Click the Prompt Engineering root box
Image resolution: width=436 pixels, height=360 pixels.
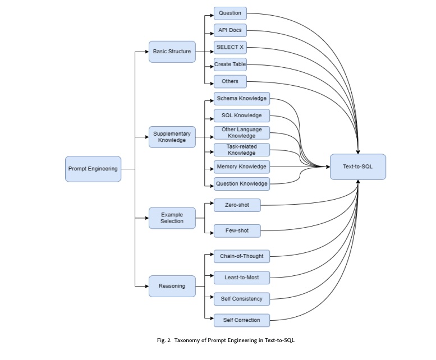coord(93,169)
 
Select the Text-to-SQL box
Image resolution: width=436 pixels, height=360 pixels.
coord(358,167)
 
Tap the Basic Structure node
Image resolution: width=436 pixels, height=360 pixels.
coord(172,52)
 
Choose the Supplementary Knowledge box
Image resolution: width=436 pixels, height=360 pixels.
coord(172,137)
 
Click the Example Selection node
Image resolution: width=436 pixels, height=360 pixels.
coord(172,218)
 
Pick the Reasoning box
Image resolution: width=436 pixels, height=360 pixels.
coord(172,286)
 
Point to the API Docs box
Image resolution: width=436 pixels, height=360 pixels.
coord(230,30)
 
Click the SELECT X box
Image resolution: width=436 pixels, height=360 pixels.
coord(230,47)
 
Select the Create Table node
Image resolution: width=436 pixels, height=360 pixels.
coord(230,64)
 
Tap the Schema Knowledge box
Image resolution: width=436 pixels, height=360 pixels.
coord(241,99)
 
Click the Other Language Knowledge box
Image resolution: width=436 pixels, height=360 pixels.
coord(241,133)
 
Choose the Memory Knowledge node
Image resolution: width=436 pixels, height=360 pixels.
coord(241,167)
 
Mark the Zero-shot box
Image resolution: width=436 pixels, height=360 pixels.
coord(237,205)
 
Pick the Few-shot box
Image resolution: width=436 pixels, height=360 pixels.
coord(237,230)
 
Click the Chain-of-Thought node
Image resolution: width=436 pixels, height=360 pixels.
coord(241,256)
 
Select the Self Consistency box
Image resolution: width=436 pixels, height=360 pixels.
coord(241,298)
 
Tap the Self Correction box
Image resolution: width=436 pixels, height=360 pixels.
coord(241,320)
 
